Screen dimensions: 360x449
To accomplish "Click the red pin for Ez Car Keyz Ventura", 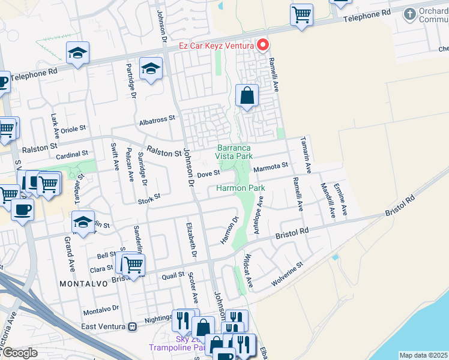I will [x=263, y=45].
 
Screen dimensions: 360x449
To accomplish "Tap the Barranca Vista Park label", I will [x=234, y=152].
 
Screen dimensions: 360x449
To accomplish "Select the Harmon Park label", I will [x=240, y=188].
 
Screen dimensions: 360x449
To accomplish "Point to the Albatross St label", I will [x=157, y=119].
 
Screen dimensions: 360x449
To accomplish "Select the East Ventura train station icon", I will [x=131, y=327].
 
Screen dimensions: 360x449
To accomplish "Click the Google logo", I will [x=19, y=353].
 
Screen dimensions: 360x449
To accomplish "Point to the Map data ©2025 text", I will [x=424, y=355].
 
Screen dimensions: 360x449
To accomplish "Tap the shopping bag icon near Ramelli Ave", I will [x=247, y=95].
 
